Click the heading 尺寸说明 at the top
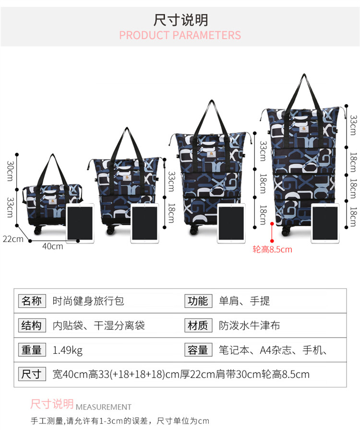point(180,20)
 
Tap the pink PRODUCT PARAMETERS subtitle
point(180,35)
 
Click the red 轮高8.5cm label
point(272,249)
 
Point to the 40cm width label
point(53,246)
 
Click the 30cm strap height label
point(10,171)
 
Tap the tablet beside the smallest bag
point(80,223)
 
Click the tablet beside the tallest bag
point(325,223)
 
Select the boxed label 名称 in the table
point(32,301)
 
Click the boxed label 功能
point(198,301)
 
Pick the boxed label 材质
point(198,326)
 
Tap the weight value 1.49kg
point(68,350)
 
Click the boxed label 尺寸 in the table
point(32,374)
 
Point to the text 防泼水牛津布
point(249,326)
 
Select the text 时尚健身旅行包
point(88,301)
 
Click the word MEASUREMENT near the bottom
point(103,407)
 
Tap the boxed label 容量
point(198,350)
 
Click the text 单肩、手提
point(244,301)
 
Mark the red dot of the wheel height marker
point(272,223)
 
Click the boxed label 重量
point(32,350)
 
